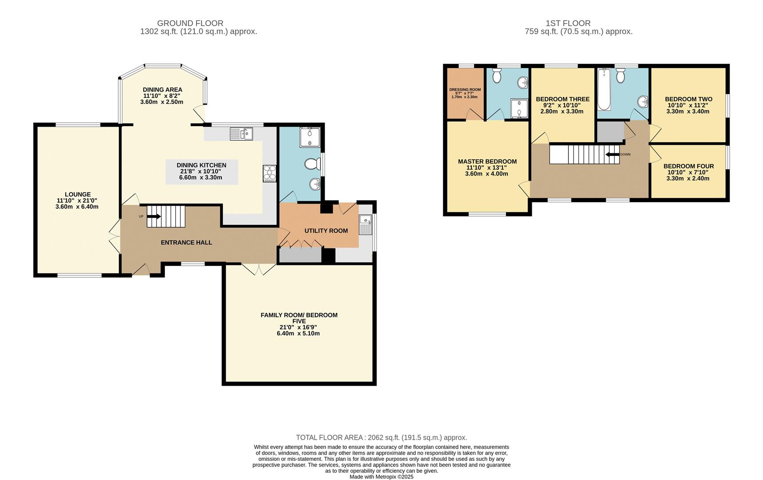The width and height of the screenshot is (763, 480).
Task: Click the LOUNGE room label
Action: click(77, 194)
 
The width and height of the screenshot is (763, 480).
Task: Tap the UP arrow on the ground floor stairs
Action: click(154, 216)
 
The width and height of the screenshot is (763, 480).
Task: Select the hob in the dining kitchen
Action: click(269, 173)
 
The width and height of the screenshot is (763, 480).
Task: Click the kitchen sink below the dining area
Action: click(241, 133)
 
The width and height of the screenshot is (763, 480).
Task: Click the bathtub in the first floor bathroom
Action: click(604, 89)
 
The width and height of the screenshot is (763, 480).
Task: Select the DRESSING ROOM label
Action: click(465, 89)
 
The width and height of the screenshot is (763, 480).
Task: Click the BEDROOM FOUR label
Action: click(688, 166)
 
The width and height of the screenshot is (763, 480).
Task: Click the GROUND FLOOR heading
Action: click(190, 23)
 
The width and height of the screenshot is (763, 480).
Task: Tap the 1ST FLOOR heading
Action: click(568, 23)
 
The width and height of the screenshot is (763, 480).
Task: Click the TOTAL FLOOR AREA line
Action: click(381, 438)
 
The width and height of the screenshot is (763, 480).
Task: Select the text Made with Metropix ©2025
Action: click(381, 476)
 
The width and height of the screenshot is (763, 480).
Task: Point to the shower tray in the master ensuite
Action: click(518, 108)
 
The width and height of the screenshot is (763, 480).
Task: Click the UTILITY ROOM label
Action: click(326, 231)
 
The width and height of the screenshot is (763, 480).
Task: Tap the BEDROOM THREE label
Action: click(562, 99)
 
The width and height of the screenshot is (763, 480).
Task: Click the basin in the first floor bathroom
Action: click(643, 102)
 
